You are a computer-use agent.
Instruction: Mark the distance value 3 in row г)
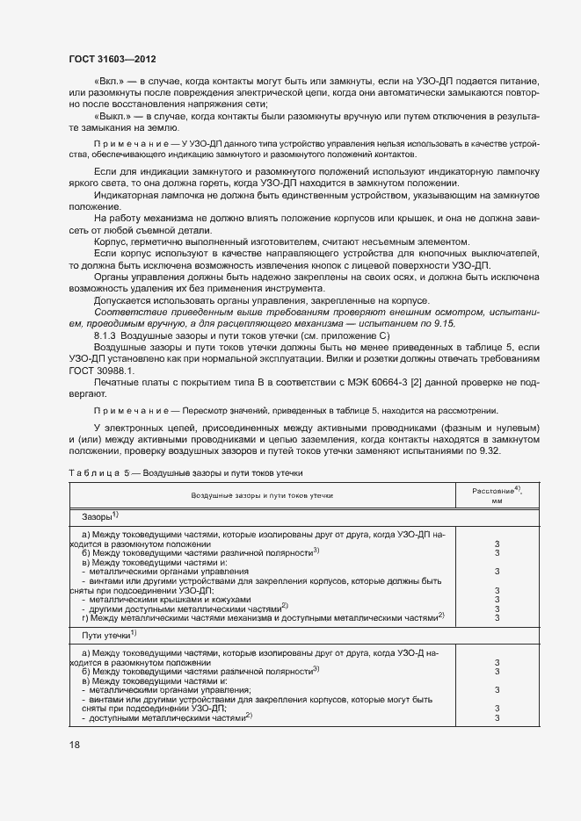497,617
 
